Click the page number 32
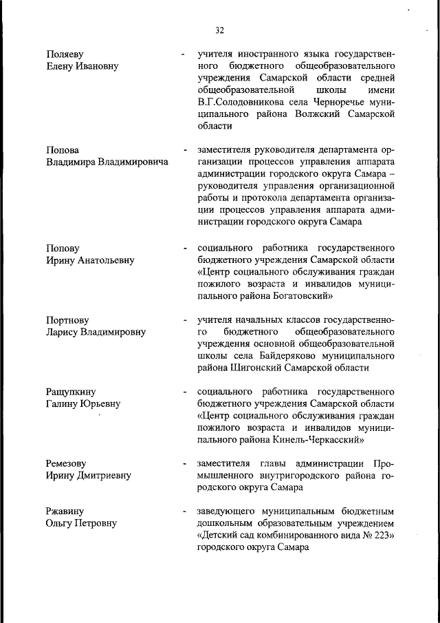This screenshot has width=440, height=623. (219, 30)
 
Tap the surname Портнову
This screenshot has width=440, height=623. (68, 320)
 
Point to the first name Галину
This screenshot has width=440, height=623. (63, 403)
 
